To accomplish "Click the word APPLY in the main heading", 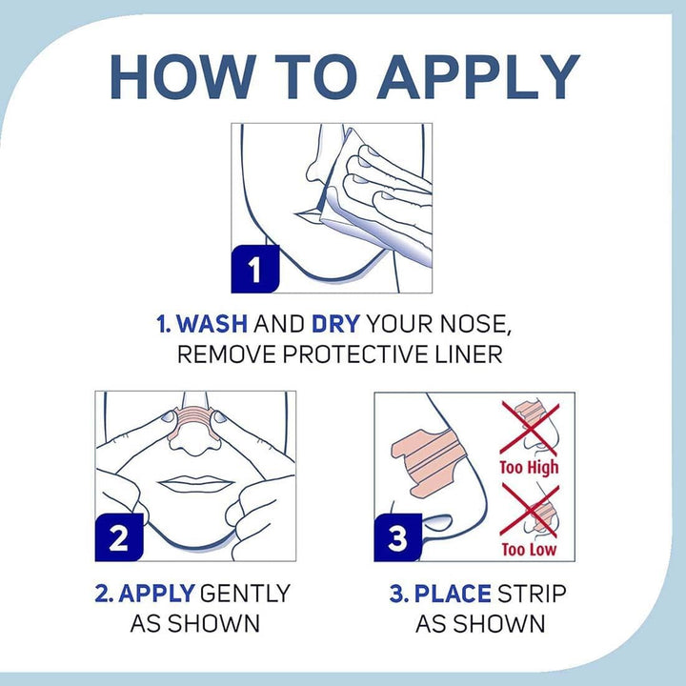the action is coord(478,77).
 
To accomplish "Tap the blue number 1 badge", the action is coord(255,269).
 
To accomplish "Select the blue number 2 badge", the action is coord(119,537).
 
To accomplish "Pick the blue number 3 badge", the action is coord(398,537).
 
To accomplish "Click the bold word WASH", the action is coord(212,324).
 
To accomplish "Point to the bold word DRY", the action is coord(335,324).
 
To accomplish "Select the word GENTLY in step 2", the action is coord(245,594).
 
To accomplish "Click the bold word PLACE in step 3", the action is coord(453,594).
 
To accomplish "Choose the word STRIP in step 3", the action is coord(532,594).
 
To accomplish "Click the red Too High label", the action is coord(530,468).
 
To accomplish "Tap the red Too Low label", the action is coord(529,549).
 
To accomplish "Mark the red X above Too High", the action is coord(530,428).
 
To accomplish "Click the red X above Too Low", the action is coord(530,510).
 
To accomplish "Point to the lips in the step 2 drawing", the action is coord(195,484).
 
